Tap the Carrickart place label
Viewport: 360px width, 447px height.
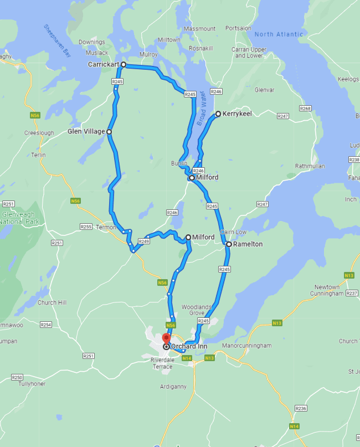pos(103,65)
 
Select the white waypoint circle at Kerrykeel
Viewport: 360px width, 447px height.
pos(218,114)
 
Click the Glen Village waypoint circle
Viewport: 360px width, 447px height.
pos(109,132)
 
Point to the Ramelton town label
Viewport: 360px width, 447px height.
pos(248,244)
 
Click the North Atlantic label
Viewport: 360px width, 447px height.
pos(279,34)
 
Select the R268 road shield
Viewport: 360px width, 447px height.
pos(305,109)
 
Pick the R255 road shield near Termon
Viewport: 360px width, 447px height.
pos(86,227)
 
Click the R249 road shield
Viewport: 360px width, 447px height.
pos(144,242)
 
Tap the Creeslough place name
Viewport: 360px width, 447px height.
pos(39,133)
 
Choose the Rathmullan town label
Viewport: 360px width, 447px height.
pos(310,166)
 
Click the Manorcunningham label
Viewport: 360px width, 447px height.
pos(246,346)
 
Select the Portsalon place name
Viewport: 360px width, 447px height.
pos(238,28)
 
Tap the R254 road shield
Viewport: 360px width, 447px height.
pos(46,325)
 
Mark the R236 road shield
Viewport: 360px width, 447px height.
pos(301,408)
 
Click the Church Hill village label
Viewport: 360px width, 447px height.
pos(52,302)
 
